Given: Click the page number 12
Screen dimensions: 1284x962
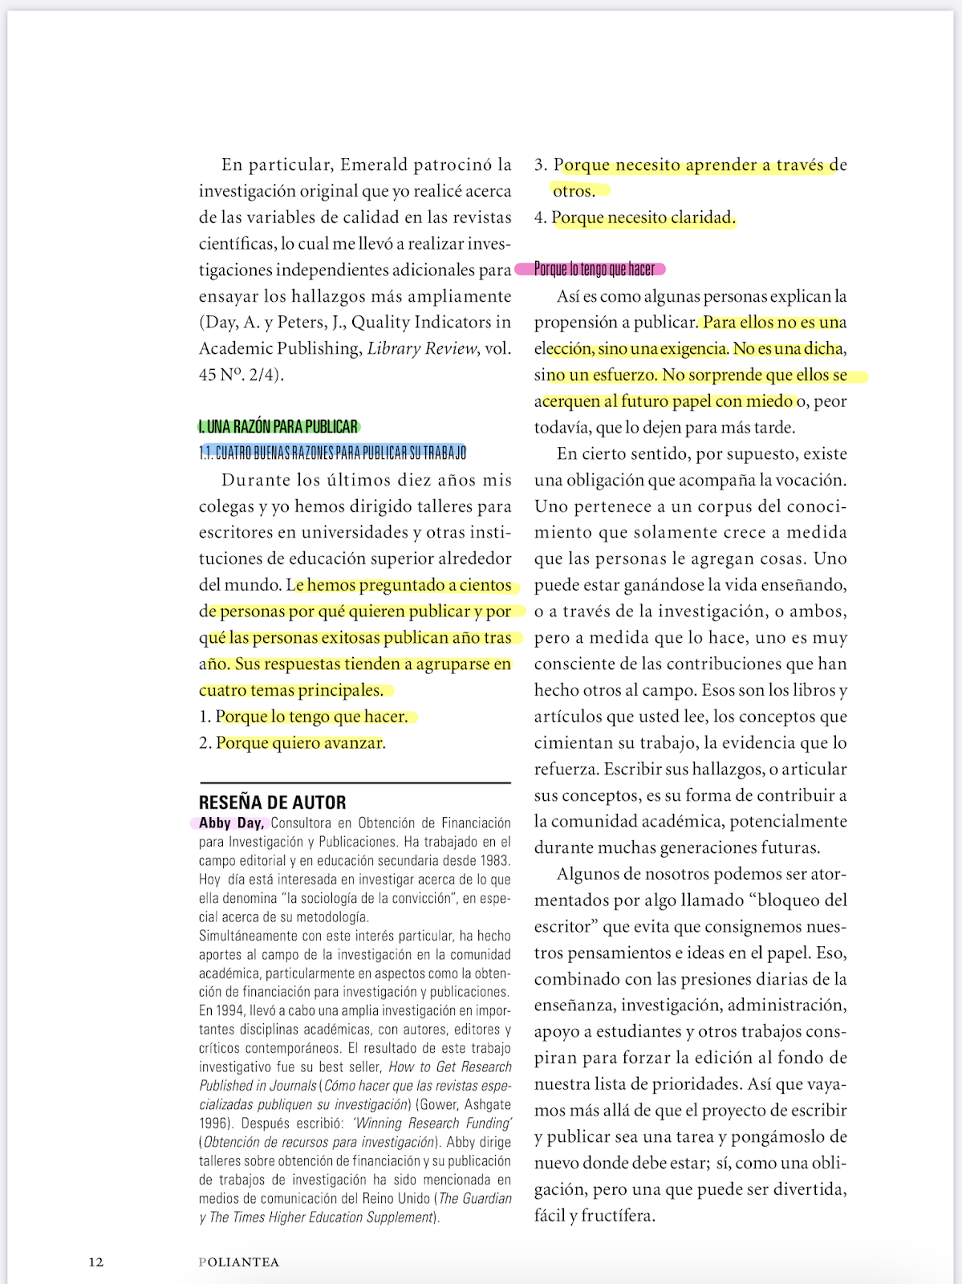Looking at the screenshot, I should tap(95, 1262).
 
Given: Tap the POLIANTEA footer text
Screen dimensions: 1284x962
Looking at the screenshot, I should tap(239, 1262).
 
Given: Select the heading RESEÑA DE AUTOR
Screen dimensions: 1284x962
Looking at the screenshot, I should tap(273, 802).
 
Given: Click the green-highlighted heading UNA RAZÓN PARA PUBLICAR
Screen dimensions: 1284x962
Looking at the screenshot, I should tap(279, 427).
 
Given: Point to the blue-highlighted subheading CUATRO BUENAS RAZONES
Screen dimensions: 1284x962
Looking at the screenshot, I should tap(334, 453).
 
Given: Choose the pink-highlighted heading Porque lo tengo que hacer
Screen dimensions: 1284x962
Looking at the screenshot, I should tap(595, 269).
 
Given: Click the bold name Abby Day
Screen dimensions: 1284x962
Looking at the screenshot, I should tap(231, 823).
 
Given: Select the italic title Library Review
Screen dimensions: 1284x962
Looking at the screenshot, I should tap(422, 348).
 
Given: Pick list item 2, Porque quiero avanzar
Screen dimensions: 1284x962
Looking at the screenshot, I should tap(300, 743).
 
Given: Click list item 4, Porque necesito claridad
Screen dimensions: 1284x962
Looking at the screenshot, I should tap(643, 217).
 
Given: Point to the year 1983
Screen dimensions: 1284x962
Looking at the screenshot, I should tap(494, 860).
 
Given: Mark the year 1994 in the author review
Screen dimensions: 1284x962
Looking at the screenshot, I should tap(230, 1011).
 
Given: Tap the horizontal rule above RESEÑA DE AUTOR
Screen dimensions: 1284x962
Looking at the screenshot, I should tap(355, 782).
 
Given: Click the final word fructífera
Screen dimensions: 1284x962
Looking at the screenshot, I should tap(617, 1216).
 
